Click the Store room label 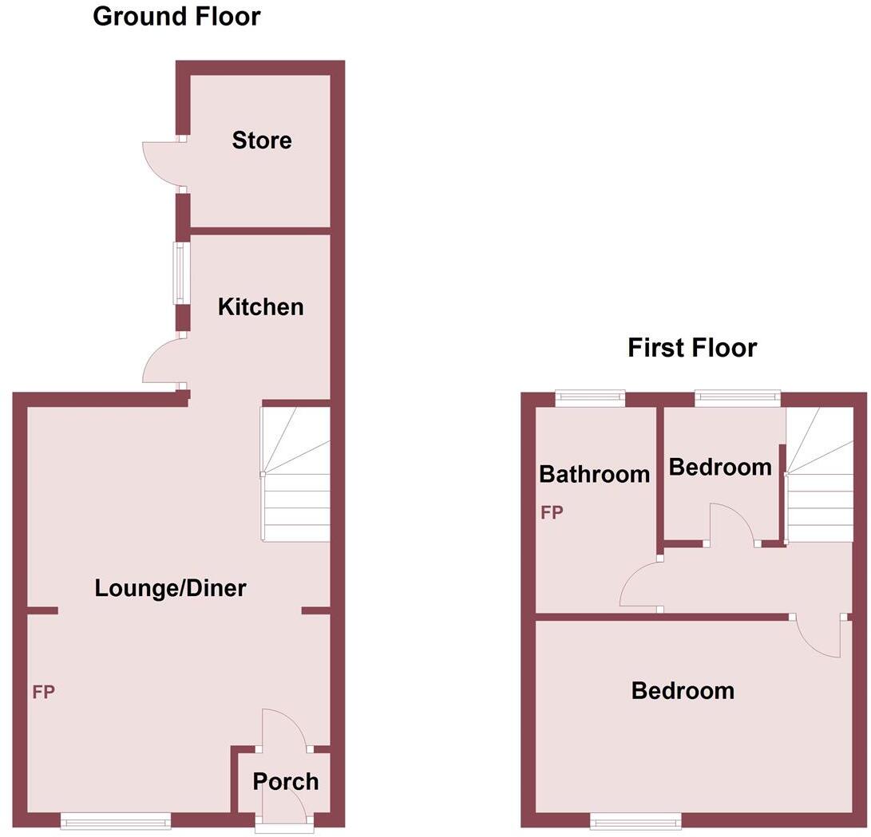[262, 141]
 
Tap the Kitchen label [261, 307]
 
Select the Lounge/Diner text [170, 589]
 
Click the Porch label [286, 782]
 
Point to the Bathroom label [594, 475]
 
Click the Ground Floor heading [176, 16]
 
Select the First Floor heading [692, 348]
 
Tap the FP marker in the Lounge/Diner [43, 692]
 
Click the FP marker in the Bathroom [552, 512]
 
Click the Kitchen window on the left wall [183, 273]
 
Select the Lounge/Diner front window [116, 819]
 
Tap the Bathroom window [591, 397]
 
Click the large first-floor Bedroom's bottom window [636, 819]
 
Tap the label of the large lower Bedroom [683, 690]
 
